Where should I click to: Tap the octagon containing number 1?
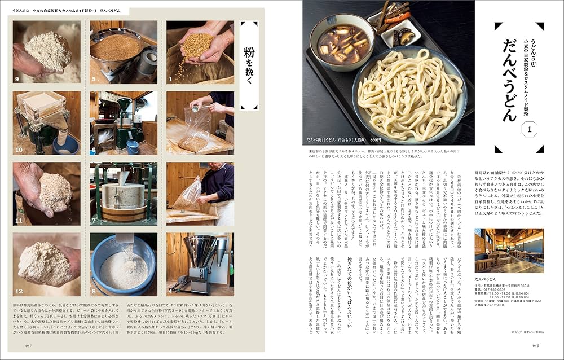pos(529,130)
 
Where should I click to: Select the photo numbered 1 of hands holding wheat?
pos(200,52)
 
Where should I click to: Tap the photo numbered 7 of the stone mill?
pos(123,194)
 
